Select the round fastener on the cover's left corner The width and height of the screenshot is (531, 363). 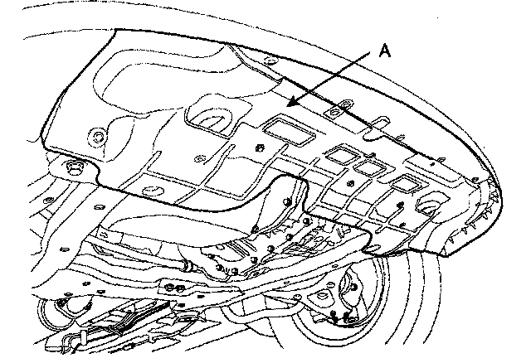point(99,135)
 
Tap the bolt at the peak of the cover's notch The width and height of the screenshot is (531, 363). point(287,199)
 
